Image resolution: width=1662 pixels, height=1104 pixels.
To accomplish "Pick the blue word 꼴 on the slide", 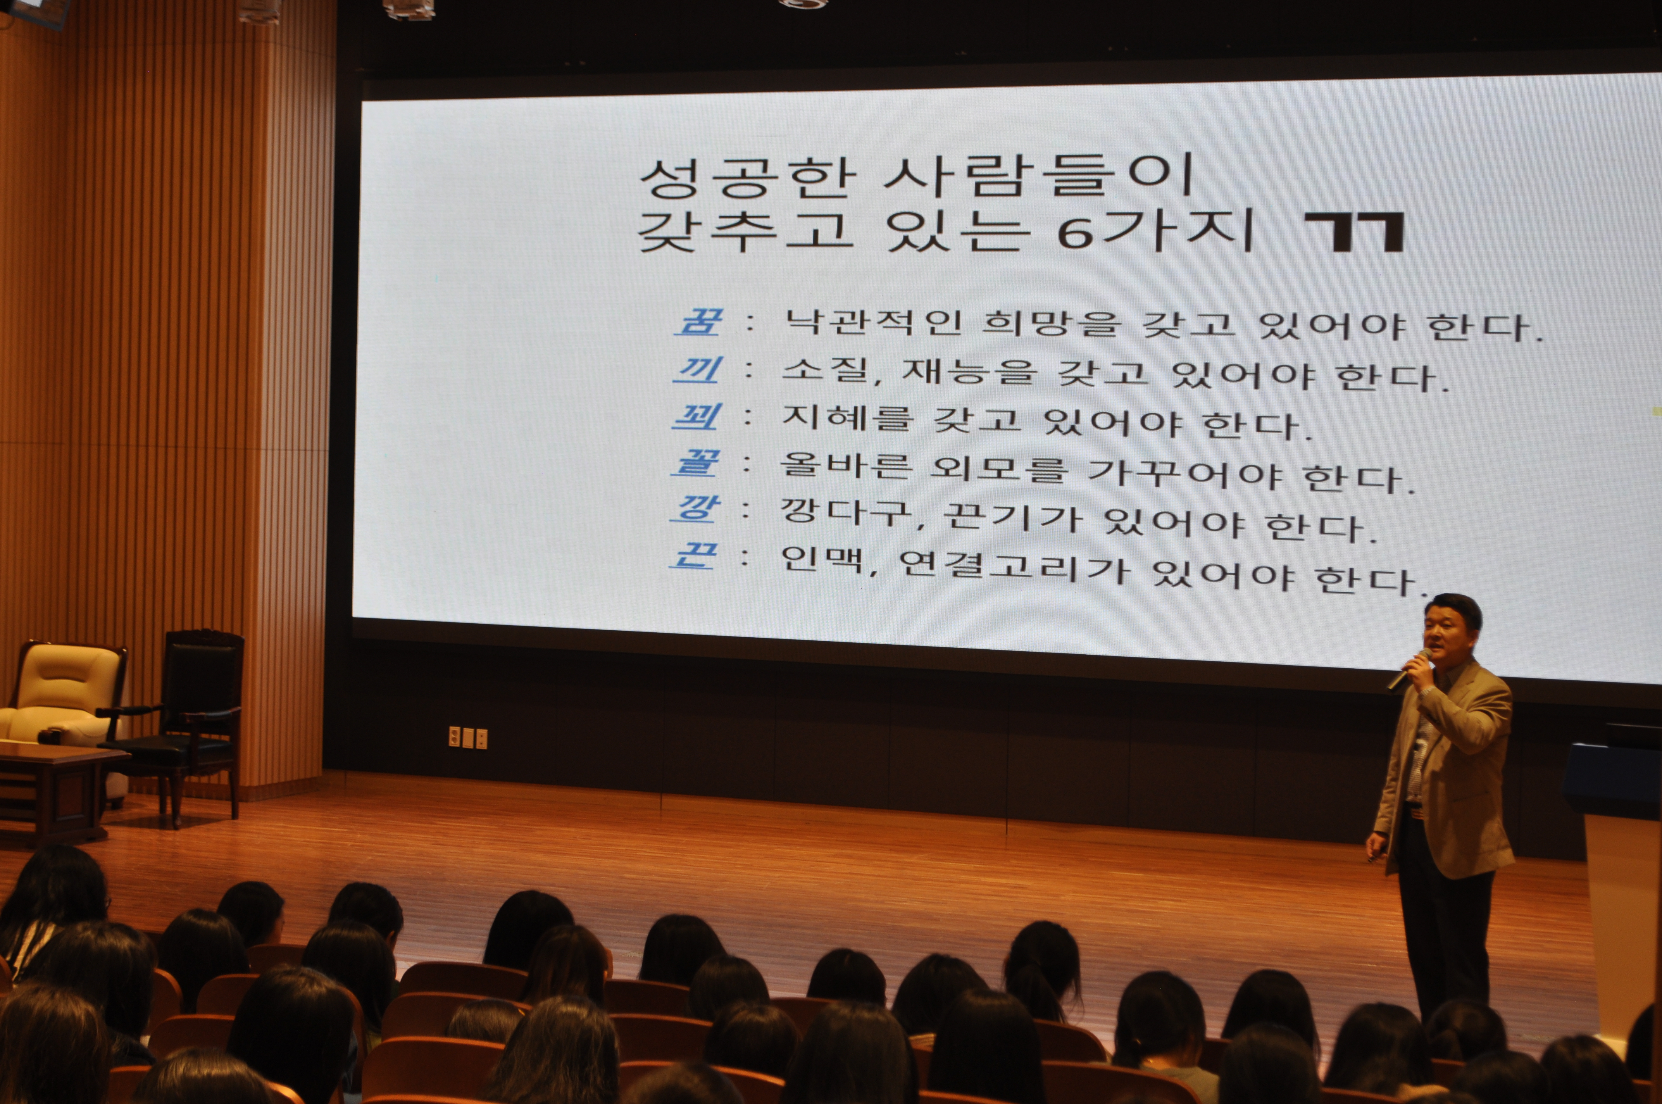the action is (x=695, y=462).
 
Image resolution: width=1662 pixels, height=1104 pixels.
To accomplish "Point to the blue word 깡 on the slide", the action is (x=695, y=508).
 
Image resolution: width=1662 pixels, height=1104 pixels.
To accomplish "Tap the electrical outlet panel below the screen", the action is (x=468, y=737).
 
